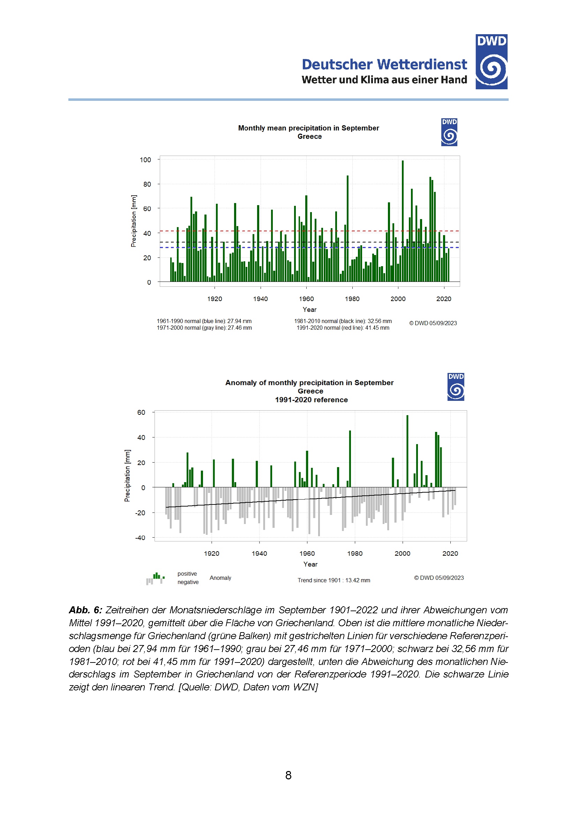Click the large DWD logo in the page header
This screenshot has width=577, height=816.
point(491,61)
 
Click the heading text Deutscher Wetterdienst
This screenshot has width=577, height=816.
point(384,64)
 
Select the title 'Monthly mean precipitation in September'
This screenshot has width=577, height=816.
point(308,128)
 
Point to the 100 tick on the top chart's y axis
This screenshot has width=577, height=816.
point(145,160)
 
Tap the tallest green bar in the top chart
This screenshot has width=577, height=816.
point(403,220)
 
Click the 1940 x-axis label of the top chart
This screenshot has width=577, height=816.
point(261,299)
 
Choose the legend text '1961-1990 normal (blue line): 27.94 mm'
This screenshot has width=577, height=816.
point(204,321)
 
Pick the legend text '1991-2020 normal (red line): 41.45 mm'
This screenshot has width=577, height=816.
point(343,328)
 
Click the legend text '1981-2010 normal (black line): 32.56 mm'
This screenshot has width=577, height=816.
point(343,321)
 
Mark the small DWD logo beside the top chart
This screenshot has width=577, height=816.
point(449,132)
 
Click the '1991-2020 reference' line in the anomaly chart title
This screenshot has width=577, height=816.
point(311,400)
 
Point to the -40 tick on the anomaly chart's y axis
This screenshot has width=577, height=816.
point(140,538)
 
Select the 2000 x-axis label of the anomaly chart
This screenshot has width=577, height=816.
point(402,553)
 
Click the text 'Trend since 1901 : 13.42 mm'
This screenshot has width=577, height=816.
point(334,581)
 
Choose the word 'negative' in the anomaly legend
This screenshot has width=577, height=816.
point(188,582)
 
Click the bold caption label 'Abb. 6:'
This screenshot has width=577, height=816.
point(85,610)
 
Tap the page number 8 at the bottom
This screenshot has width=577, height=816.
point(288,775)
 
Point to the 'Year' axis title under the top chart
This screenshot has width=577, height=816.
point(309,309)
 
